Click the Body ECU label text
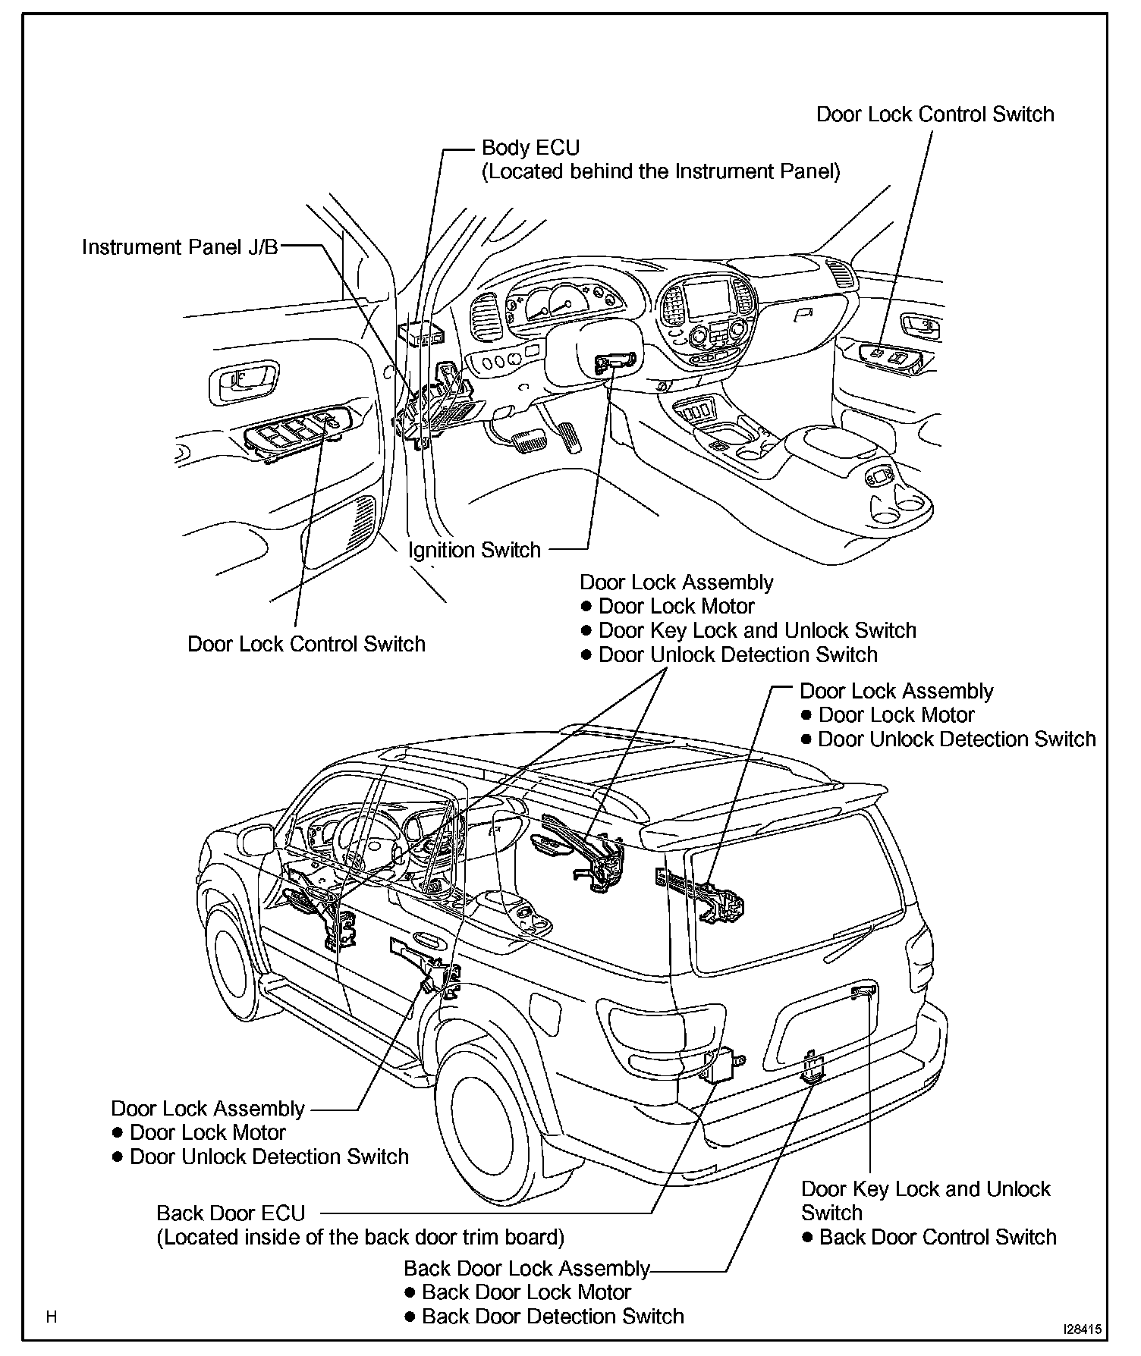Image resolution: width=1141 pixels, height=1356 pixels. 530,147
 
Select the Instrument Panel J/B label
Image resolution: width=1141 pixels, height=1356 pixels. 181,247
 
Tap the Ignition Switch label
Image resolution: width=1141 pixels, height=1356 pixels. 474,550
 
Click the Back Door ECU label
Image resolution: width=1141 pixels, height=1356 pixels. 231,1213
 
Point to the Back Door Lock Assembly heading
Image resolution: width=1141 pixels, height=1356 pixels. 526,1268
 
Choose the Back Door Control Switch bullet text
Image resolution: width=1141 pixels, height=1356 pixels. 938,1237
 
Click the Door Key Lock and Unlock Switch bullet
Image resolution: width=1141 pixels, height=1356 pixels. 757,630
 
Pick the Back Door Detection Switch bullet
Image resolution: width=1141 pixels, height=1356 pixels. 552,1316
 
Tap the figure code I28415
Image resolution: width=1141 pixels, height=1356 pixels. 1082,1329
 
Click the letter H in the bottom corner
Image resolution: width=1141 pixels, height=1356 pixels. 52,1317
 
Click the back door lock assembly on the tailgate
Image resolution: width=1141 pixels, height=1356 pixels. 812,1068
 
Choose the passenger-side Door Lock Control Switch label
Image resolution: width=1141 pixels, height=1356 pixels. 935,115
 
